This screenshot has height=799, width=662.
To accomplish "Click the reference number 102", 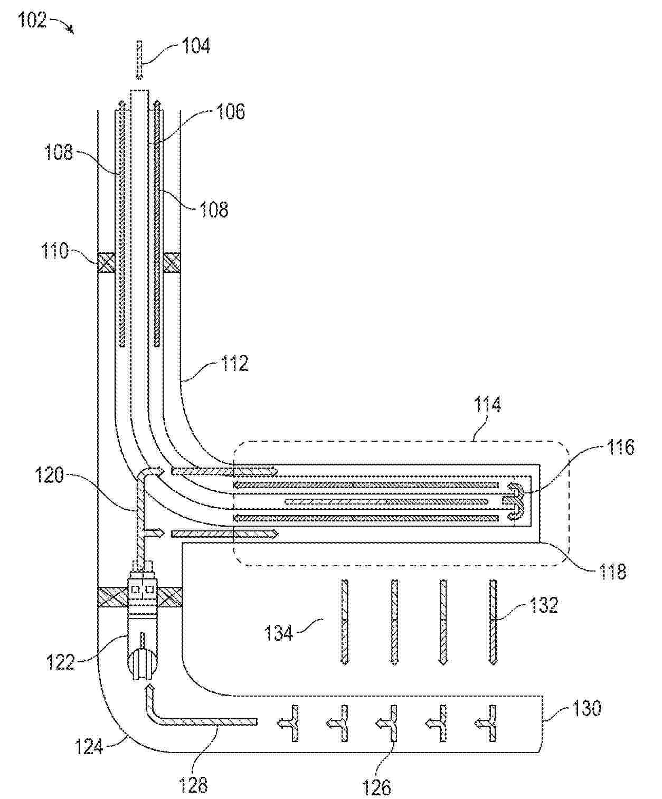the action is pyautogui.click(x=32, y=20).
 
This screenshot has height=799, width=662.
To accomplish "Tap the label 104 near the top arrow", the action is pyautogui.click(x=196, y=46).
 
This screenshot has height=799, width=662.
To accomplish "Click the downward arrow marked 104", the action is pyautogui.click(x=139, y=61).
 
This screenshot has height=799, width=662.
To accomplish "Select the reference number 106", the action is pyautogui.click(x=231, y=112).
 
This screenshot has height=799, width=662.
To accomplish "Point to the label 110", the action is pyautogui.click(x=55, y=251).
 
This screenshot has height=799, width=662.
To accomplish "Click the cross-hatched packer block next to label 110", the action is pyautogui.click(x=107, y=262).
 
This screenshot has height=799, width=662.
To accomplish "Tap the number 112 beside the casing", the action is pyautogui.click(x=234, y=363).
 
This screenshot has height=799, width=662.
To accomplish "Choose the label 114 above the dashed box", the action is pyautogui.click(x=487, y=404).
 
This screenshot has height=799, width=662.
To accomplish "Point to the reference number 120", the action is pyautogui.click(x=49, y=475).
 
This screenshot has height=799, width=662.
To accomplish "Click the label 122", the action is pyautogui.click(x=60, y=662).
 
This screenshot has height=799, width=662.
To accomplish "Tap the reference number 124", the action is pyautogui.click(x=89, y=747).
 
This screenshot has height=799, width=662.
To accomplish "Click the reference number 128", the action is pyautogui.click(x=193, y=784).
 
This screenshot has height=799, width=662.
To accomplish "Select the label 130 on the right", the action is pyautogui.click(x=587, y=708).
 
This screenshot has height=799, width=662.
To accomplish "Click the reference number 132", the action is pyautogui.click(x=543, y=605).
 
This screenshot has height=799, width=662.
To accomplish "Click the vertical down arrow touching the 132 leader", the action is pyautogui.click(x=493, y=623).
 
